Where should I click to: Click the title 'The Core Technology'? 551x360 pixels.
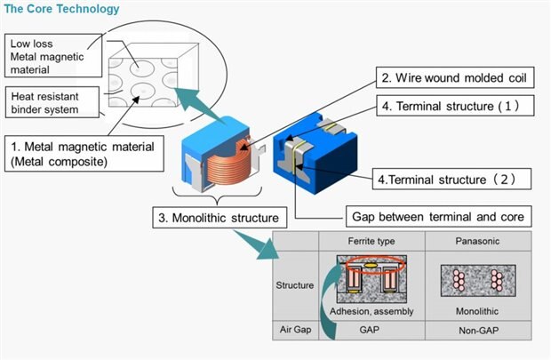point(60,10)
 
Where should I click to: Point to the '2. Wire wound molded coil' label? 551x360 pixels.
point(452,77)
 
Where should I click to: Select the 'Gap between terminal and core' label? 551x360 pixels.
point(436,215)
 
